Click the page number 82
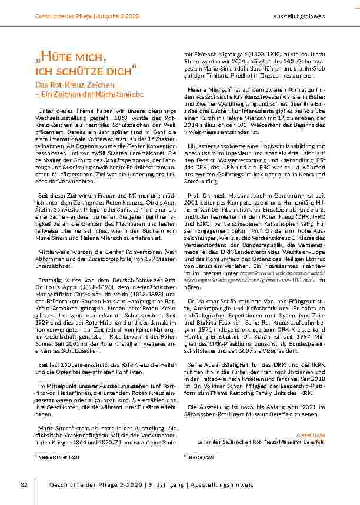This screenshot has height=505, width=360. (25, 484)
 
